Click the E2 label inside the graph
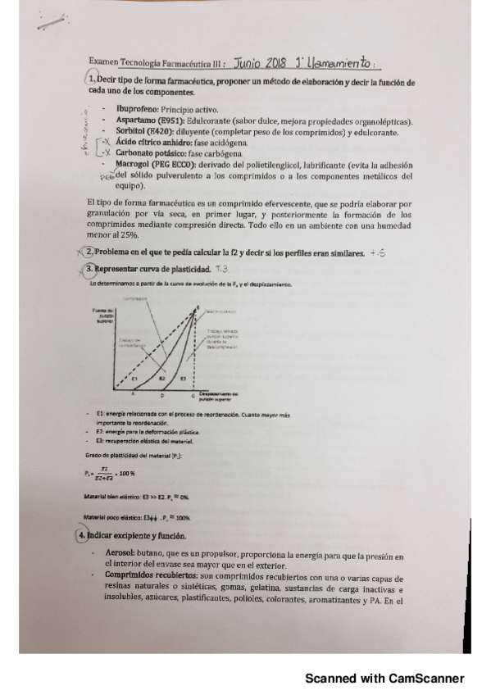pyautogui.click(x=163, y=379)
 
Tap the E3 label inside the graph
pyautogui.click(x=183, y=379)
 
